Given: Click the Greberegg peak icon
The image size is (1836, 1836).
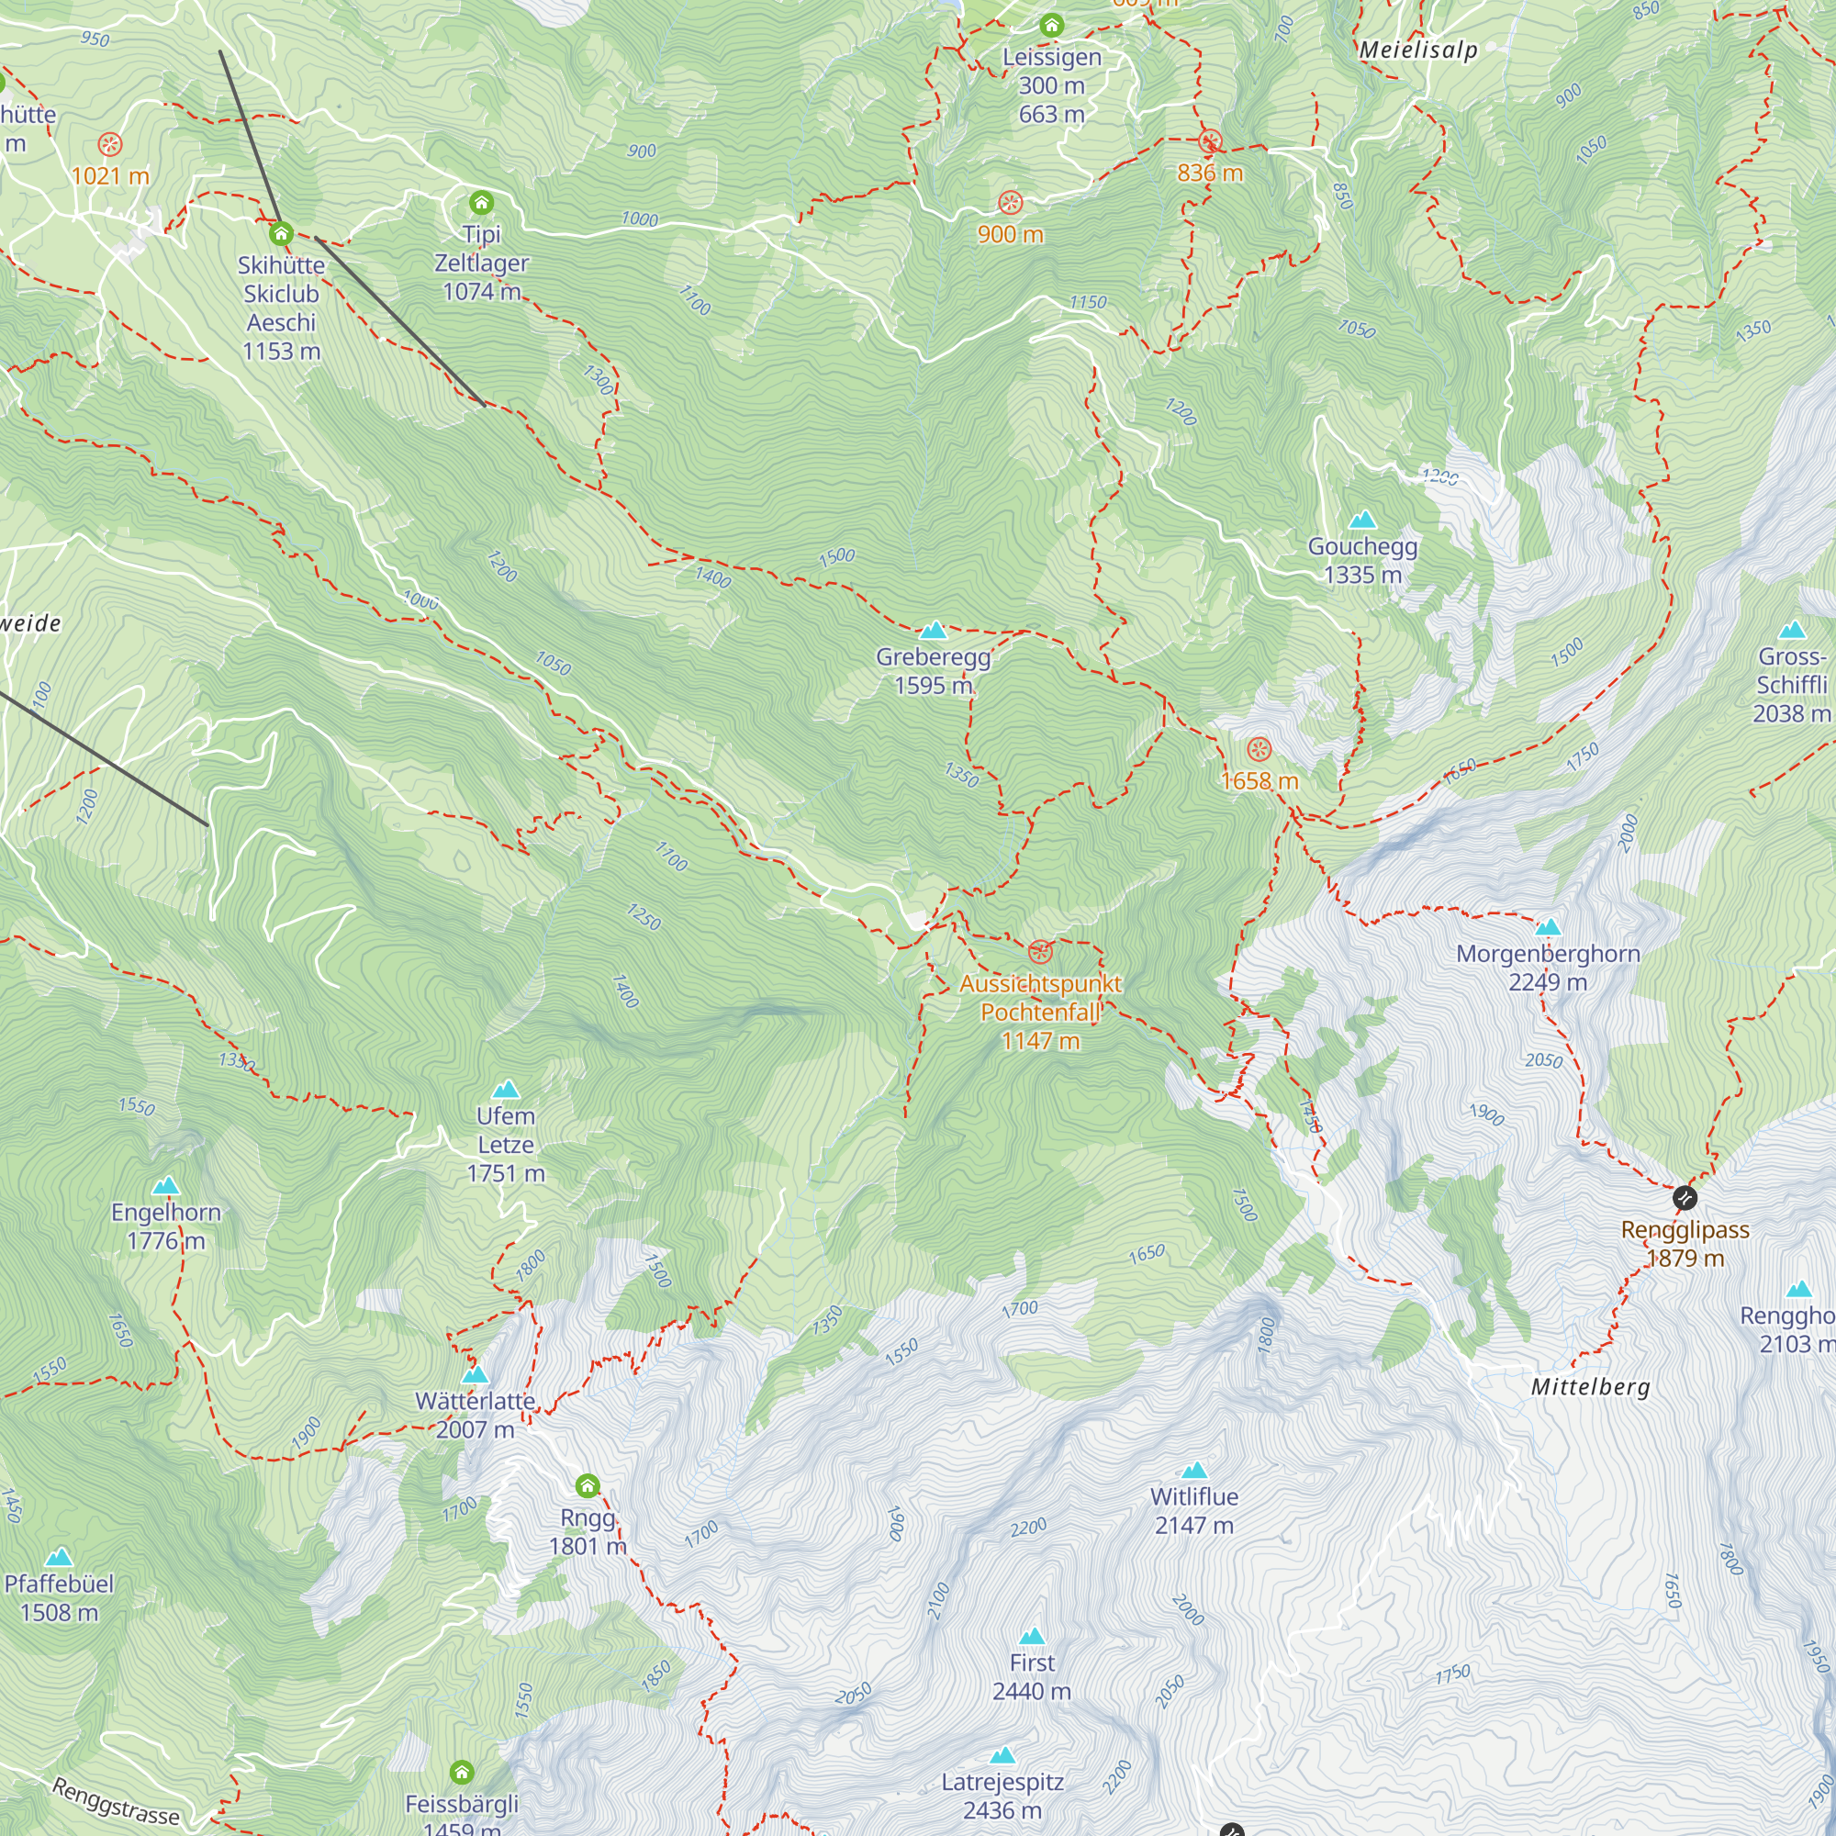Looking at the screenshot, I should [x=934, y=630].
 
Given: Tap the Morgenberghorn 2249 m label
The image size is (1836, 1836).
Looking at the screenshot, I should [x=1548, y=968].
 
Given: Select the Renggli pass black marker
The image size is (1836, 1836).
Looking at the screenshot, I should [x=1685, y=1197].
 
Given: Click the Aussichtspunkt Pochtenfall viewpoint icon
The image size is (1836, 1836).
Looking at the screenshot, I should [x=1041, y=951].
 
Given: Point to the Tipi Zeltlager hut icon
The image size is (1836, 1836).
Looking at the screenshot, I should [x=482, y=202].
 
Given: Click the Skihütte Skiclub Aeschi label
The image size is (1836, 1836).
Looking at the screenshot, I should [x=280, y=308].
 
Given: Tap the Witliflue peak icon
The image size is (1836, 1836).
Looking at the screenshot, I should [x=1193, y=1470].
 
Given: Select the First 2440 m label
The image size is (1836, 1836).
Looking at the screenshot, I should [x=1031, y=1676].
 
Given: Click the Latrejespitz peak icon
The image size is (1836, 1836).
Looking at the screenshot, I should [x=1002, y=1755].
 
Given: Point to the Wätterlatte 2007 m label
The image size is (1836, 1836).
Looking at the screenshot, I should [x=476, y=1415].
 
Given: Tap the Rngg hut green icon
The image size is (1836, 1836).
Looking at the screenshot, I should [x=588, y=1485].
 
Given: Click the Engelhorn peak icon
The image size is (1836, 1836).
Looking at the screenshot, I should [x=166, y=1186].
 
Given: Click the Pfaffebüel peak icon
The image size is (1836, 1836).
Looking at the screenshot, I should [x=59, y=1557].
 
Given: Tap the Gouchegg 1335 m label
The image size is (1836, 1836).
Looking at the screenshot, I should [x=1362, y=560].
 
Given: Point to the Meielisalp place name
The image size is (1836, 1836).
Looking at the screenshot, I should [x=1418, y=50].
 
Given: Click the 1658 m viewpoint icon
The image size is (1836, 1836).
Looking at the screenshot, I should [x=1259, y=750].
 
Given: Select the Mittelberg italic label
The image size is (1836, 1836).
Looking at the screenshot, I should [x=1590, y=1386].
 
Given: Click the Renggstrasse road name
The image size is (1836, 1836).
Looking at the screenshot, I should [x=115, y=1801].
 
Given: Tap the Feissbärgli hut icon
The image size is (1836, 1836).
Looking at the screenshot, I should [x=462, y=1773].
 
